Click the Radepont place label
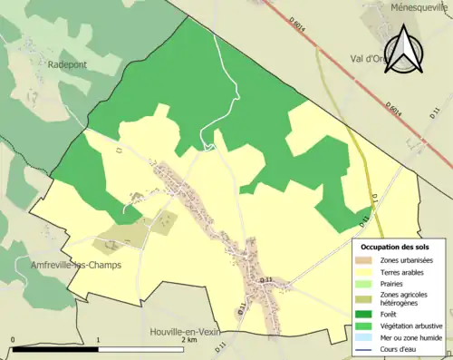(x=66, y=64)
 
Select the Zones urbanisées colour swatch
(x=368, y=260)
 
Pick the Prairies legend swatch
(x=368, y=283)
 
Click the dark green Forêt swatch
(x=368, y=314)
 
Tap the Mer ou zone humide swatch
(x=368, y=336)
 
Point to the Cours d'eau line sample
(x=368, y=346)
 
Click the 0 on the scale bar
(x=13, y=340)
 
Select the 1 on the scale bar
(x=98, y=340)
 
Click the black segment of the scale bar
(x=55, y=349)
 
